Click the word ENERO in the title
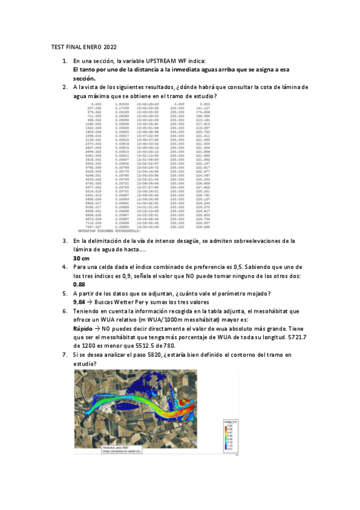91,47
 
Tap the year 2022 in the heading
111,47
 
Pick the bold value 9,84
79,302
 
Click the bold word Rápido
83,330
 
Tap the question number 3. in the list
65,241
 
